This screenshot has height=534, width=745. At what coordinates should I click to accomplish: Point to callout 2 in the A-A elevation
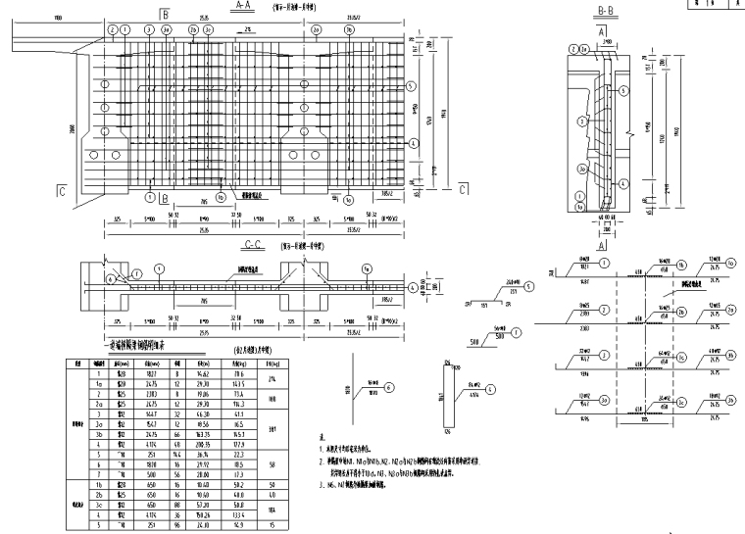pos(114,29)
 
